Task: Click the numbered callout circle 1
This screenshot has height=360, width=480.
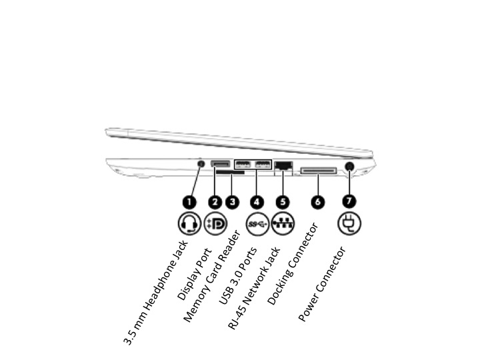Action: pos(189,201)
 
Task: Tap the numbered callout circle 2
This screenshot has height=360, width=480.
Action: pos(215,201)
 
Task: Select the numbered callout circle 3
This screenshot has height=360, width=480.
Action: pos(232,201)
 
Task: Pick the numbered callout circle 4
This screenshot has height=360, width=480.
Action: pos(257,201)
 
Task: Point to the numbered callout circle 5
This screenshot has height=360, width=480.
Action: pos(283,201)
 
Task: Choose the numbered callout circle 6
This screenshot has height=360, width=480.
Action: pos(317,201)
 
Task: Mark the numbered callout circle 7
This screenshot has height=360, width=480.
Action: pos(348,201)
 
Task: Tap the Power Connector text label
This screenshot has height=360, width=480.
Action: pos(322,285)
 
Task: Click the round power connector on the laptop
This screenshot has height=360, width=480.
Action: pos(349,166)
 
